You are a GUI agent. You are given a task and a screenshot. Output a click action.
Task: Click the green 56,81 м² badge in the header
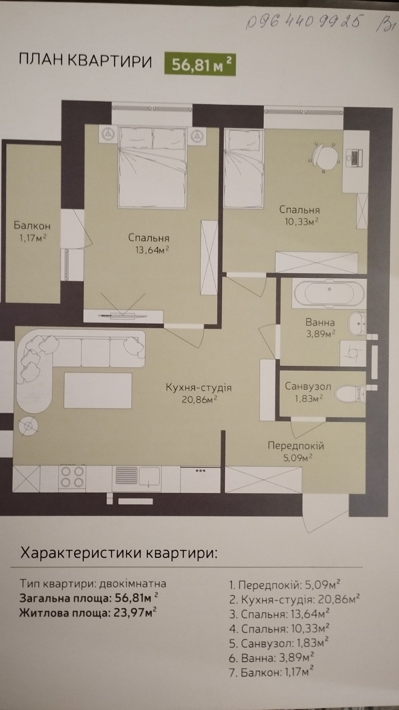[x=200, y=65]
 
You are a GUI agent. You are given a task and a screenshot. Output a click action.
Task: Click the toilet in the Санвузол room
[x=350, y=393]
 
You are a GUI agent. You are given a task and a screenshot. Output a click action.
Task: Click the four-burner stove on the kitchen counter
[x=72, y=477]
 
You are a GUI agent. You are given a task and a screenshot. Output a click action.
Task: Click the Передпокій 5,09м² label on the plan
[x=296, y=450]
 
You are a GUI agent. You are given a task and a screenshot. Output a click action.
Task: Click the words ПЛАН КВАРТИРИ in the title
[x=86, y=61]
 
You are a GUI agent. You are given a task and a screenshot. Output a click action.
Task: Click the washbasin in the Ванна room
[x=357, y=323]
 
